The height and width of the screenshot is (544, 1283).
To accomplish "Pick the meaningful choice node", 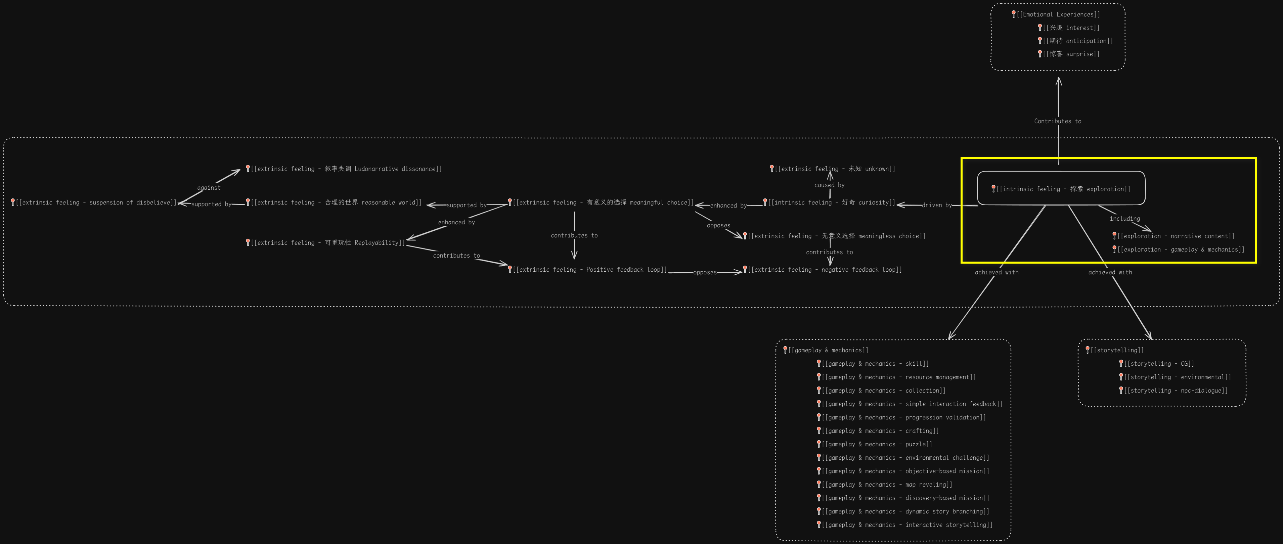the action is point(603,202).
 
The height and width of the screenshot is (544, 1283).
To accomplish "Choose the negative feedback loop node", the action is point(824,270).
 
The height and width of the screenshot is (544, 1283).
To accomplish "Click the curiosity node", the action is point(831,202).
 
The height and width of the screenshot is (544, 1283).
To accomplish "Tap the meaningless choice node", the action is point(836,236).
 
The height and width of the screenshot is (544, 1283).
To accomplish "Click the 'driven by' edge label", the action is point(936,205).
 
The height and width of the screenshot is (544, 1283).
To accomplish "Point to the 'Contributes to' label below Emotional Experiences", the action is point(1057,121).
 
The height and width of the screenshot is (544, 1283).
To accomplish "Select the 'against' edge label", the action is point(209,188).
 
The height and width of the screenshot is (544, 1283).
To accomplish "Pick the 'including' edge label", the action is point(1124,219).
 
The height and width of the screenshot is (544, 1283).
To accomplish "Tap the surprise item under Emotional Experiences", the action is point(1071,54).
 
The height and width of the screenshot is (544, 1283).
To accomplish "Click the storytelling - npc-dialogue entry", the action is point(1176,391).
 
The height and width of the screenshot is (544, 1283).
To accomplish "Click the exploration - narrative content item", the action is point(1176,236).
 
